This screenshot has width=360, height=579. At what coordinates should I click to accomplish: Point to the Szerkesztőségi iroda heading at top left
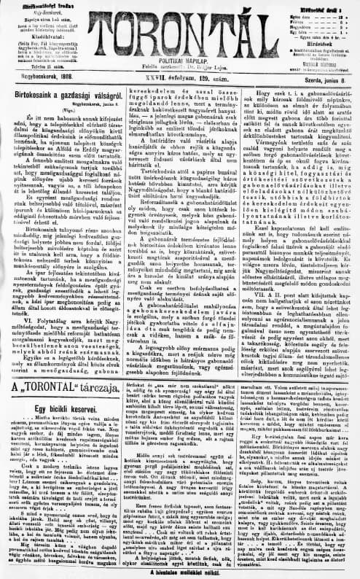coord(34,5)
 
